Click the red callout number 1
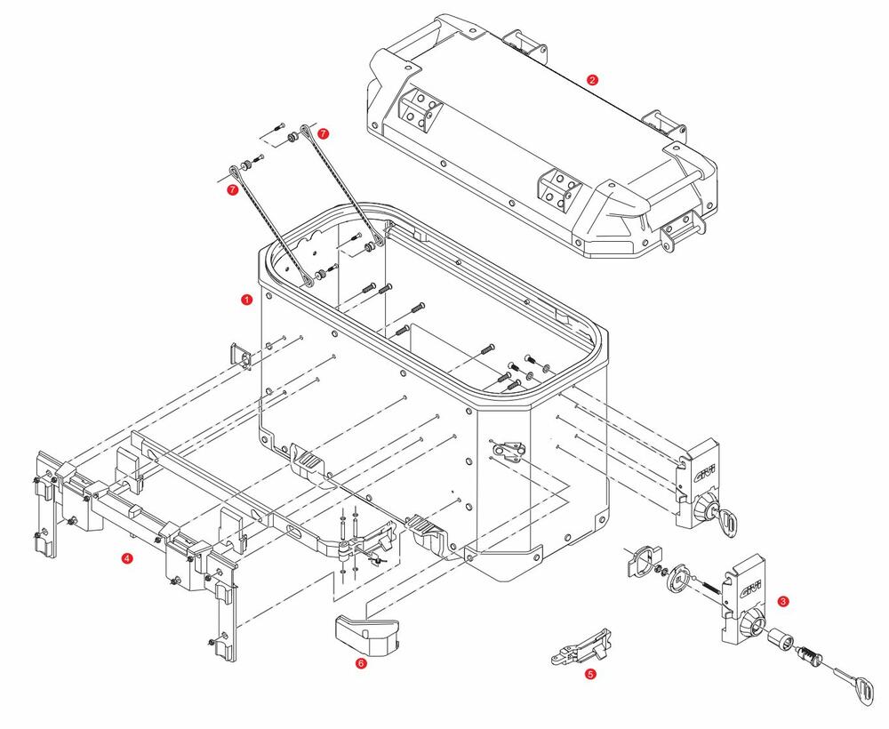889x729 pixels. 246,300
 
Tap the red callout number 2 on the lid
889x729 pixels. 592,79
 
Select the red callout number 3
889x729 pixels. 781,601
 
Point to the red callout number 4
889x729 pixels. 127,558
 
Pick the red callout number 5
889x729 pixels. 590,674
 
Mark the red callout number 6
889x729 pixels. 360,662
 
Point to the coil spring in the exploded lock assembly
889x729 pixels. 706,588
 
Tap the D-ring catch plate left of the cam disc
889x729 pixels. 642,563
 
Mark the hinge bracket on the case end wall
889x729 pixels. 508,452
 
